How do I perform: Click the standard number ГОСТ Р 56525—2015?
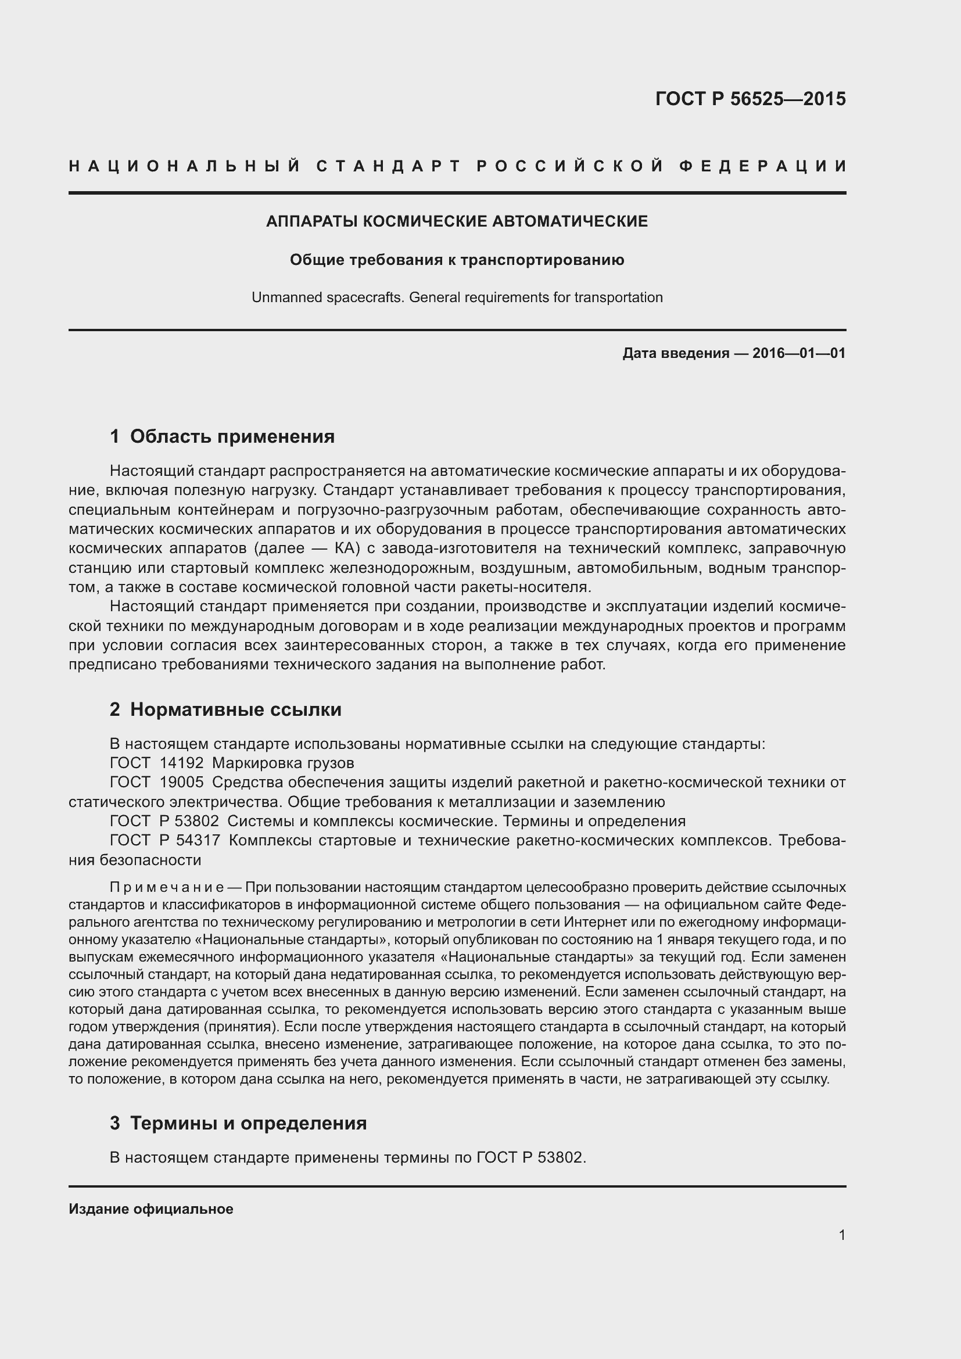(x=750, y=99)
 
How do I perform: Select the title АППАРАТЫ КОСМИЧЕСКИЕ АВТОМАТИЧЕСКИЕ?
(x=457, y=221)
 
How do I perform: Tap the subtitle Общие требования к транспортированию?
(x=457, y=260)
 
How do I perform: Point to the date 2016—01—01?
(x=799, y=353)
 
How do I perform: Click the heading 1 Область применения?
(x=222, y=436)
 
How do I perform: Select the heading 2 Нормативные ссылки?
(x=225, y=709)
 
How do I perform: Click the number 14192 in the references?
(x=182, y=762)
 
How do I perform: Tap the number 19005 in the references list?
(x=182, y=782)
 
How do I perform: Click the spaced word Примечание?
(x=166, y=887)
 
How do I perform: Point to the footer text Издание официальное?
(x=151, y=1209)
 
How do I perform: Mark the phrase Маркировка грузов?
(x=283, y=762)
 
